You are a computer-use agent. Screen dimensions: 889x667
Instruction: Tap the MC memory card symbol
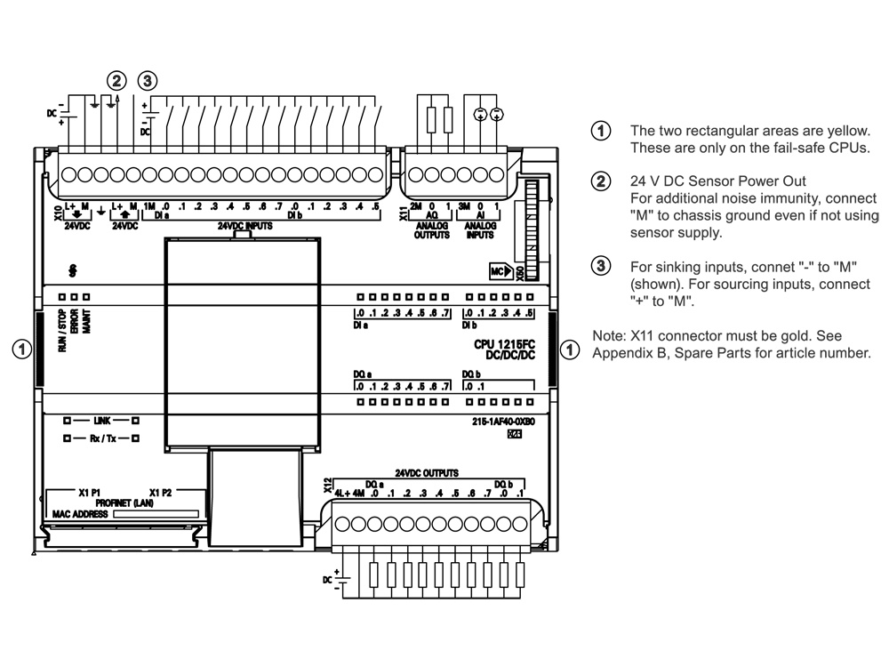click(501, 271)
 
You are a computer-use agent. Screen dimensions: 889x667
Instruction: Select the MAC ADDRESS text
click(80, 514)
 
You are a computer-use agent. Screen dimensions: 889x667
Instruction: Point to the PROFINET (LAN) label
click(124, 503)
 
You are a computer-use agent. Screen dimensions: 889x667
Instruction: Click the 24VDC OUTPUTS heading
click(427, 473)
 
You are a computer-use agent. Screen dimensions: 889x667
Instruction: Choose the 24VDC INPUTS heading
click(245, 226)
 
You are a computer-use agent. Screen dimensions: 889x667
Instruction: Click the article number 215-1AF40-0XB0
click(503, 422)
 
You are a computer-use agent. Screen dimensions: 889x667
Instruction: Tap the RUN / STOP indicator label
click(62, 330)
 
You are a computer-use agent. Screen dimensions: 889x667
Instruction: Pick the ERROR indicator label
click(75, 320)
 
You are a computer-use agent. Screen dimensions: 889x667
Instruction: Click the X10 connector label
click(58, 213)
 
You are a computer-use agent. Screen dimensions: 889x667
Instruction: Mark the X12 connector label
click(327, 486)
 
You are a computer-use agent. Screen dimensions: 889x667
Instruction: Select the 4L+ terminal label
click(342, 494)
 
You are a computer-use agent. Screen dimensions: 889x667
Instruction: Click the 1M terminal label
click(149, 206)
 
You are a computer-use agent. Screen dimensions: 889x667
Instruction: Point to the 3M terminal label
click(464, 206)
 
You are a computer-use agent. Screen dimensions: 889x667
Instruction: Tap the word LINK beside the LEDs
click(102, 421)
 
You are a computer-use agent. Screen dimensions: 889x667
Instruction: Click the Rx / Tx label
click(102, 438)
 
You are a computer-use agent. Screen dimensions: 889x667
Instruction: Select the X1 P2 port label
click(160, 493)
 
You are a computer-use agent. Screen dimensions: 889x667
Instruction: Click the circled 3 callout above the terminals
click(148, 81)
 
